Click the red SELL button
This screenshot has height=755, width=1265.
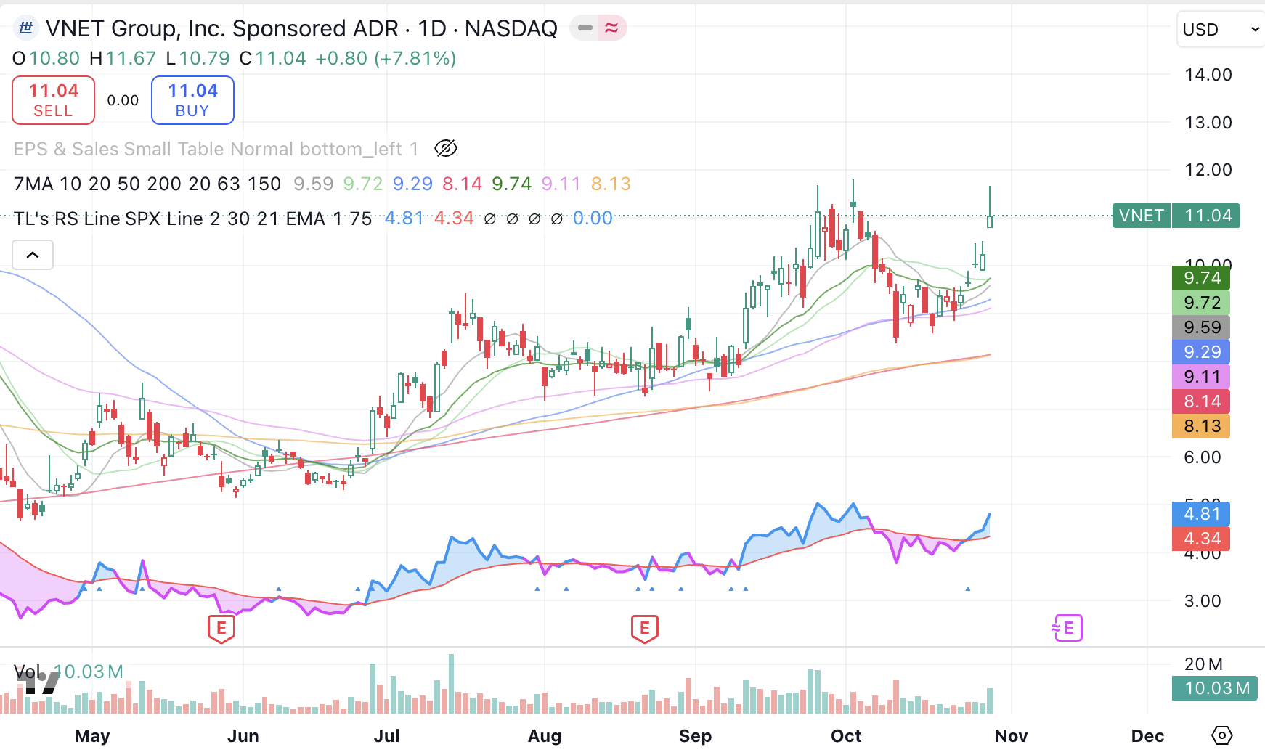point(53,100)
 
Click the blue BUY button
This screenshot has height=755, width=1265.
point(192,100)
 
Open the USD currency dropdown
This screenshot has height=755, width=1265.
point(1220,30)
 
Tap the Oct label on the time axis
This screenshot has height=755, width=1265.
point(845,736)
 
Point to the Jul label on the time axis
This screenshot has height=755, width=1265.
point(386,736)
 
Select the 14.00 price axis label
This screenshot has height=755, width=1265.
point(1208,75)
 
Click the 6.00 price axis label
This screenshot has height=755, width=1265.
point(1202,457)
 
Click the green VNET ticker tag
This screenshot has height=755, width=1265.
point(1141,216)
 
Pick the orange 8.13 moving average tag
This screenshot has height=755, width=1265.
point(1201,426)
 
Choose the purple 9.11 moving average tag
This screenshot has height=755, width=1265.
point(1201,377)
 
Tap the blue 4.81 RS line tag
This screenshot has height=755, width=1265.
point(1201,514)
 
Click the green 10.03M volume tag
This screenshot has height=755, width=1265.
point(1216,688)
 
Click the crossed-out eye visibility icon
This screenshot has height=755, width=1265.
point(445,149)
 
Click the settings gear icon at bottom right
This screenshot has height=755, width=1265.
point(1221,735)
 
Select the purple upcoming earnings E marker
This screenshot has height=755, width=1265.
point(1068,628)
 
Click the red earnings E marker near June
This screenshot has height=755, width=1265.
point(221,628)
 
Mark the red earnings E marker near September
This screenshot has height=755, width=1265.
point(644,628)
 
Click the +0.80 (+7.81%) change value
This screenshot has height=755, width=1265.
point(386,58)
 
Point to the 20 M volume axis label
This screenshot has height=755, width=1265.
point(1203,664)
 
